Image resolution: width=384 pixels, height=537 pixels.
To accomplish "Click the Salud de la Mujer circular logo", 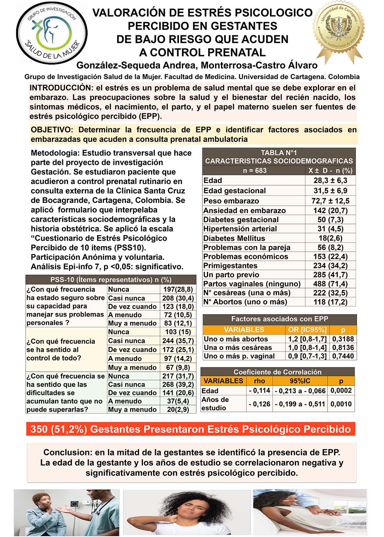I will coord(51,33).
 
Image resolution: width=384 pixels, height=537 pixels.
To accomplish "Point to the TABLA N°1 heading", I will coord(279,153).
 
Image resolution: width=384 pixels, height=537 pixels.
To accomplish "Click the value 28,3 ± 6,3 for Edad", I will coord(330,181).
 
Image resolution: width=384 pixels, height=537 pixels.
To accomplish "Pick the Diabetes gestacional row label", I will coord(241,220).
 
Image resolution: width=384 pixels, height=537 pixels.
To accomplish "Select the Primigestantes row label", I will coord(230,265).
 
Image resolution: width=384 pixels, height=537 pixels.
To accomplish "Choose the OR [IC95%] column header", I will coord(307,329).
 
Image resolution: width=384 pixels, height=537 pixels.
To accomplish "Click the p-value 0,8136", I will coord(343,348).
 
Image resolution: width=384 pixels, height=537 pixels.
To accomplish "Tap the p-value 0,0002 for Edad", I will coord(341,390).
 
